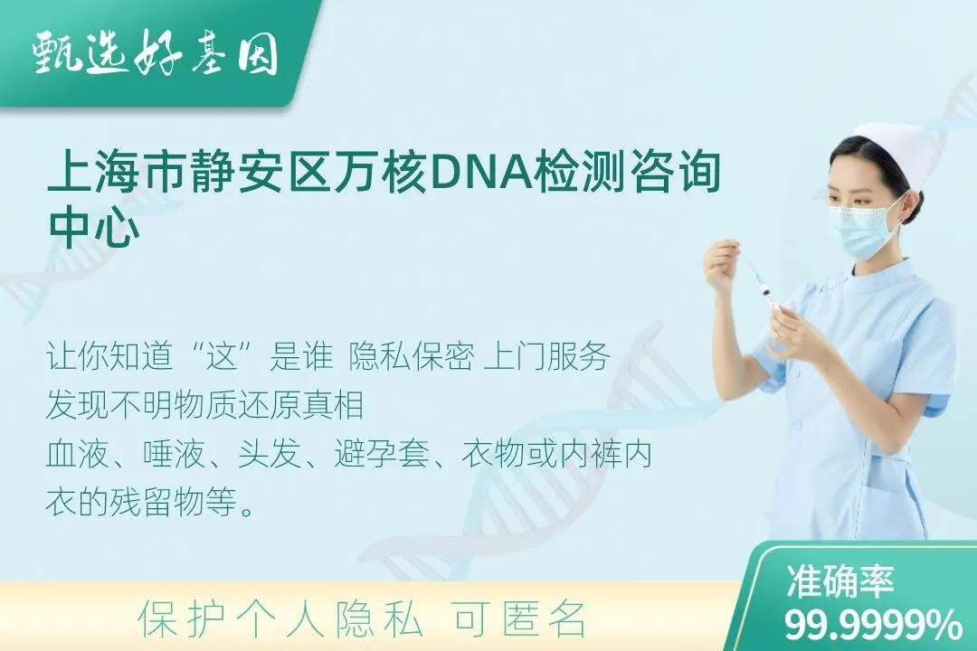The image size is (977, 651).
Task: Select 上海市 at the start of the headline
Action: (113, 171)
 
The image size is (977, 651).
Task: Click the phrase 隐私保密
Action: (412, 357)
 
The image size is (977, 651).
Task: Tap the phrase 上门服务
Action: (546, 357)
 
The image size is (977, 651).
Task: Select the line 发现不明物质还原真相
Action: (204, 406)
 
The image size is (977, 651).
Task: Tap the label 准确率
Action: (839, 580)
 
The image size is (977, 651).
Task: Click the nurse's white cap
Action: (892, 149)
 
